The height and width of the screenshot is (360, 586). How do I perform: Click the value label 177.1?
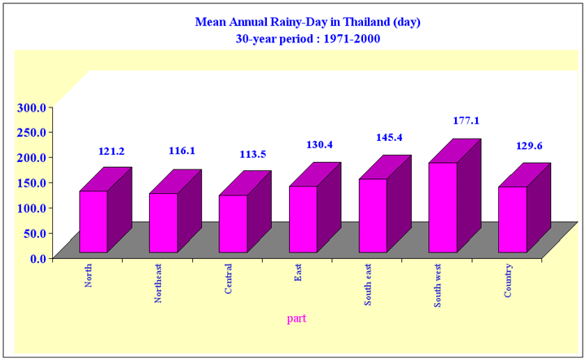point(466,121)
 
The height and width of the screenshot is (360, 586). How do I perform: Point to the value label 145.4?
point(389,138)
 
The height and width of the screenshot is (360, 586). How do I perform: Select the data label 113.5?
point(252,155)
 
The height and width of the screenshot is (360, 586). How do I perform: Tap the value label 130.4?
point(320,145)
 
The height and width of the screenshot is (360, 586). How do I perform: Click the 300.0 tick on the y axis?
point(32,108)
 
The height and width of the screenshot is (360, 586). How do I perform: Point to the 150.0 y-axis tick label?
point(32,182)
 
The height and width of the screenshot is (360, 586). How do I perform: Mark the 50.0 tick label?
point(35,233)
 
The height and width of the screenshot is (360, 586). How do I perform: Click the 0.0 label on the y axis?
point(38,258)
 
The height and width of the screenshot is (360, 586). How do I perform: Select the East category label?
point(298,273)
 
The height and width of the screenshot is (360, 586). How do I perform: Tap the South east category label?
point(368,284)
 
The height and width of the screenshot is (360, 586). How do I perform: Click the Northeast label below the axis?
point(158,283)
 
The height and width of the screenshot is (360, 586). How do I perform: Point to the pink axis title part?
point(296,318)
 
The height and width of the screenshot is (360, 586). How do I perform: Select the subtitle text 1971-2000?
point(352,39)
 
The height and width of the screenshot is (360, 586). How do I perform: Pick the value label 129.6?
point(529,146)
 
